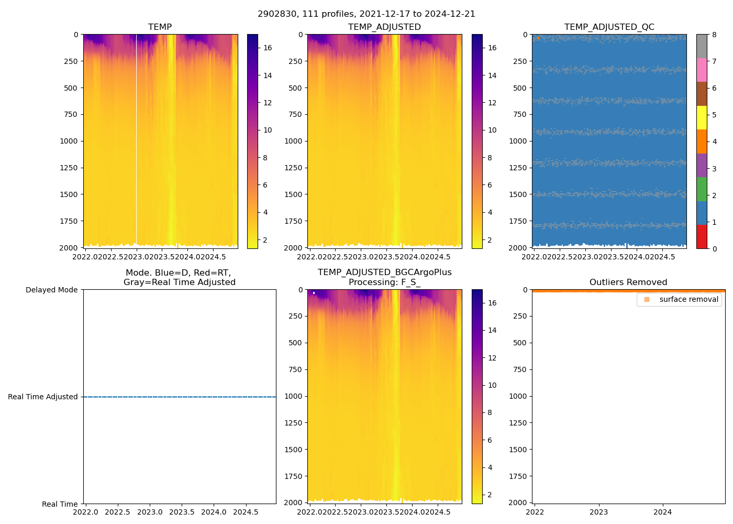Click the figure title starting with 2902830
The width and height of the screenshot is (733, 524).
tap(366, 14)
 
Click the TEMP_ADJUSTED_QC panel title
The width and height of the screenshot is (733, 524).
tap(609, 27)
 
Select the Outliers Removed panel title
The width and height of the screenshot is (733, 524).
tap(628, 282)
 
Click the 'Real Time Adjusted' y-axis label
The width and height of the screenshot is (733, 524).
tap(43, 397)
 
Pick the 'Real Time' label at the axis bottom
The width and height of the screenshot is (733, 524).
tap(60, 504)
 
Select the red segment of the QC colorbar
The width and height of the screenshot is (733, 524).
tap(702, 237)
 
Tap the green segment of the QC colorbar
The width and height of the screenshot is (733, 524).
tap(702, 189)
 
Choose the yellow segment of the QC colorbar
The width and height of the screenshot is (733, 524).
tap(702, 118)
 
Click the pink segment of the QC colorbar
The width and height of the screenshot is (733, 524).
tap(702, 70)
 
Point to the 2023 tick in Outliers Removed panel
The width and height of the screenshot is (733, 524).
tap(598, 512)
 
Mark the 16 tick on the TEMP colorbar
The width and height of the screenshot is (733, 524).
tap(268, 48)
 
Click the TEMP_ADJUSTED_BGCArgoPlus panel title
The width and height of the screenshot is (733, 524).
tap(384, 277)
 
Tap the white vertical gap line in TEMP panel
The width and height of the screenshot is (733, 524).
tap(136, 136)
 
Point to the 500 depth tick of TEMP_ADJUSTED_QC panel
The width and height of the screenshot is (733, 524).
tap(519, 88)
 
